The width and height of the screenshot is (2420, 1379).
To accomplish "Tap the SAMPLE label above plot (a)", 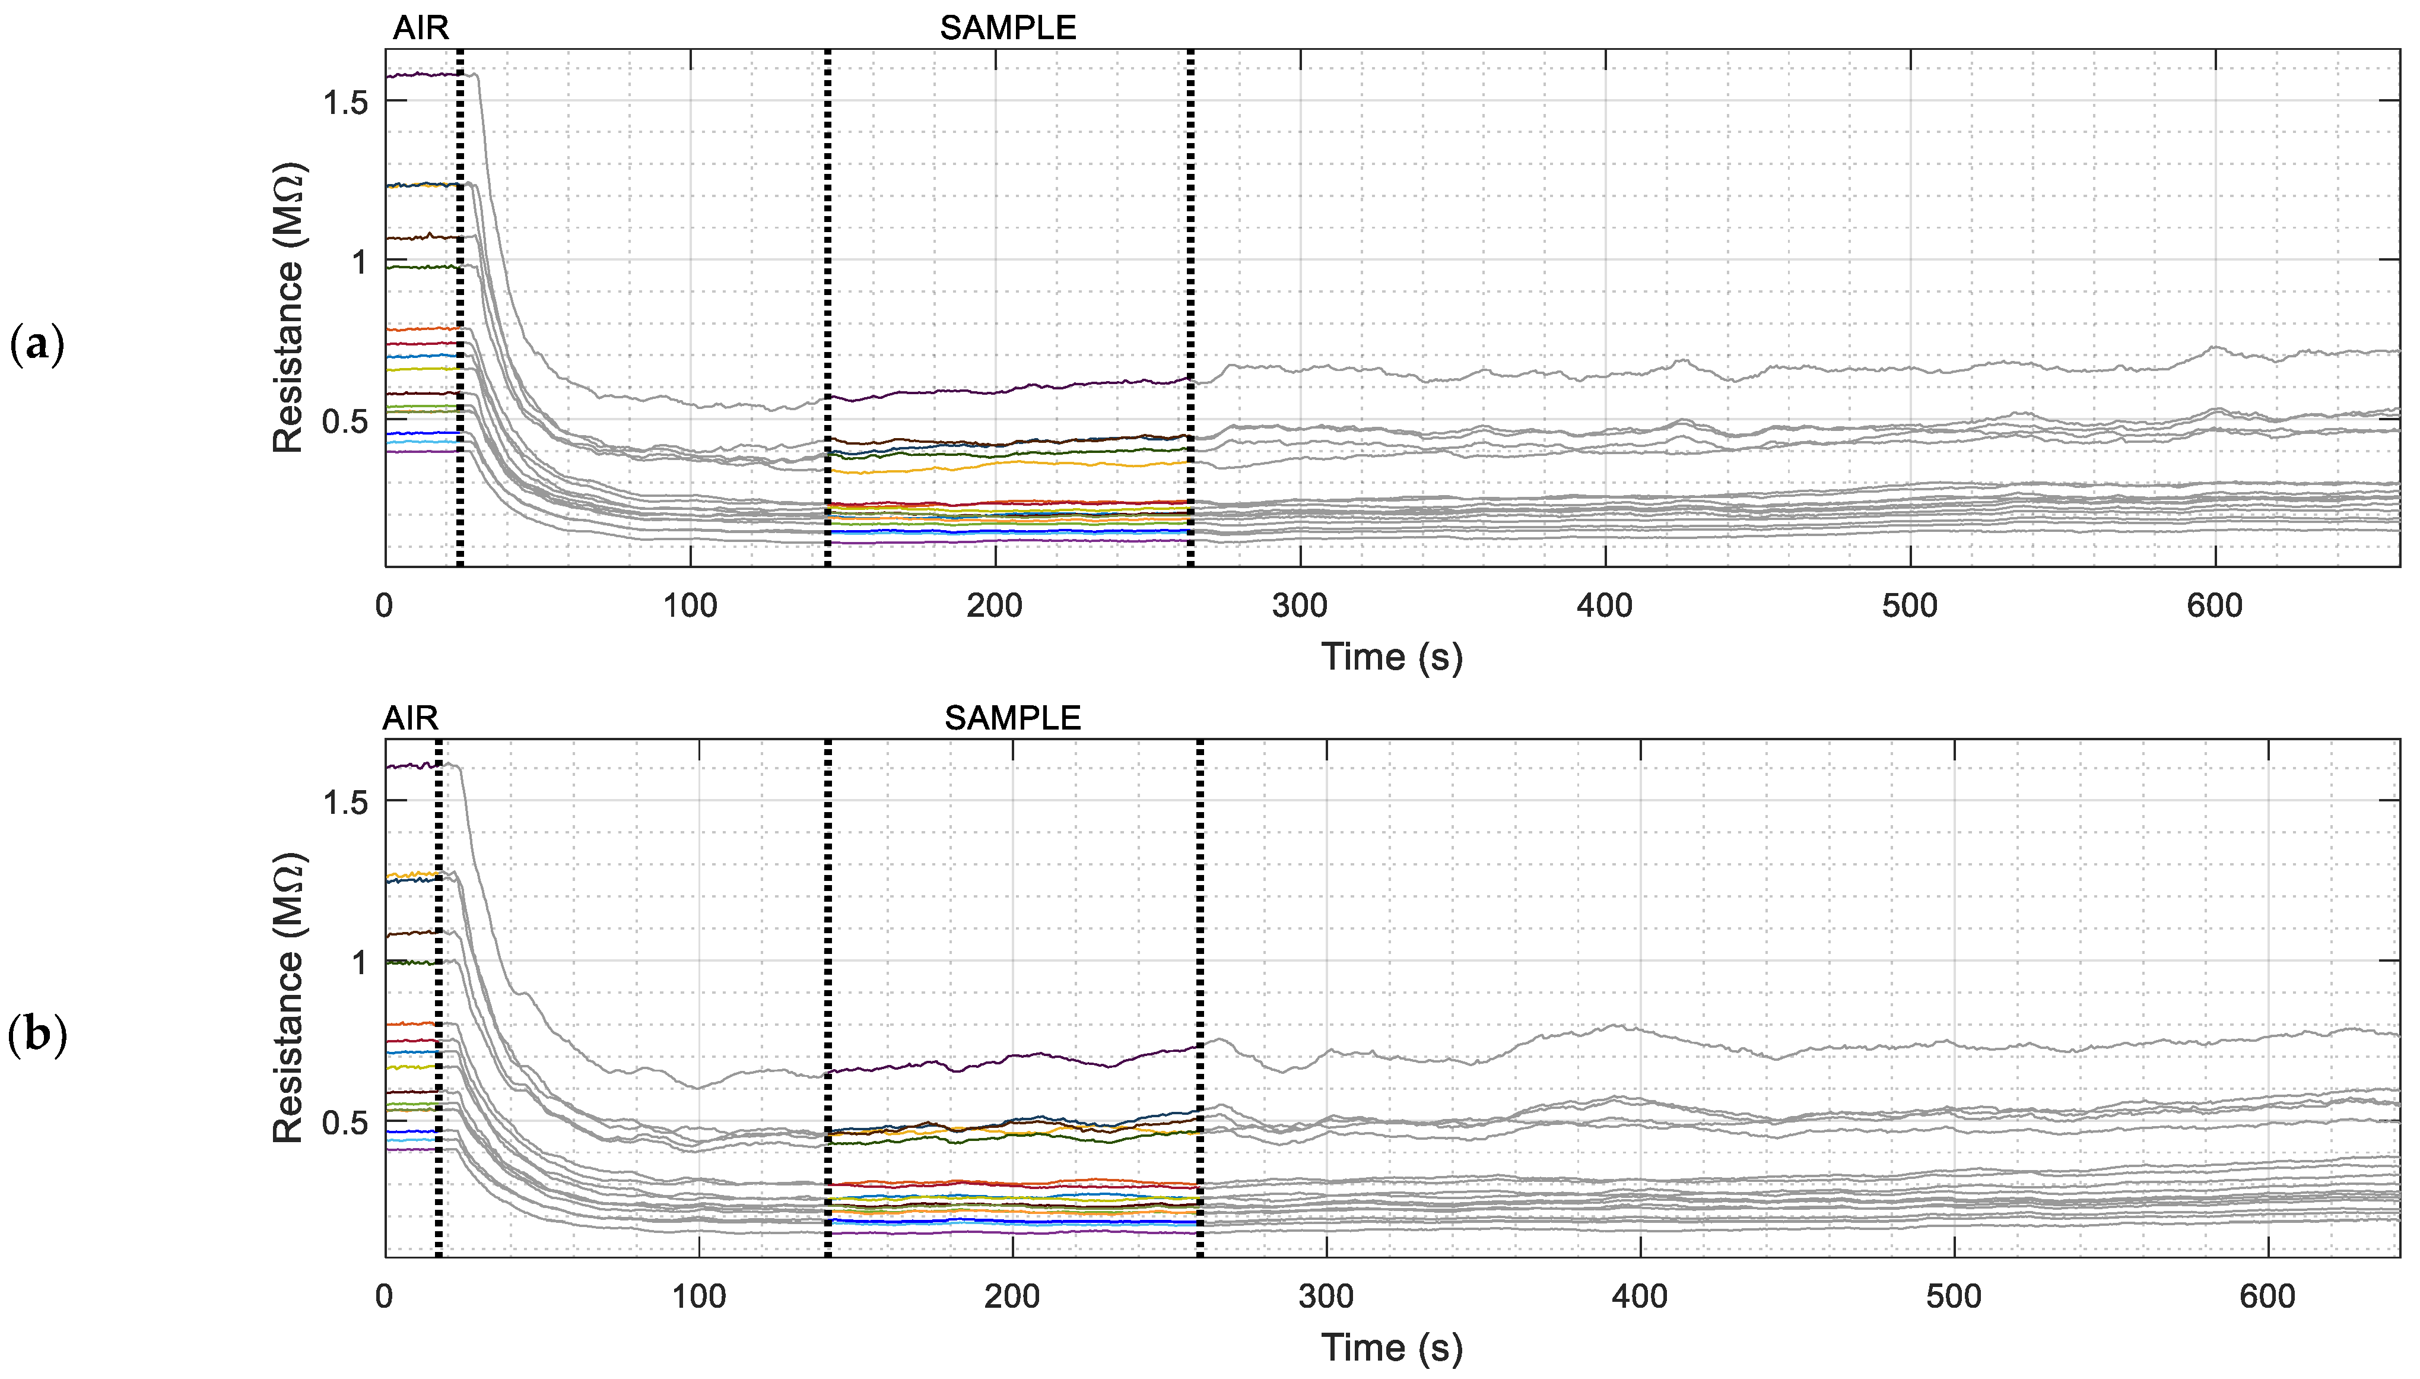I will coord(1008,28).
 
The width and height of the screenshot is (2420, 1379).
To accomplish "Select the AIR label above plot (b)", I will coord(410,719).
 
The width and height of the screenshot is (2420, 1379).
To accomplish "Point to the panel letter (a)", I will coord(37,345).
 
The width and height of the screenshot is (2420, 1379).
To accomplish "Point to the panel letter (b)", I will coord(37,1035).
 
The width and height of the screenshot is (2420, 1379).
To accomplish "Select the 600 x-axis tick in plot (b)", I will coord(2267,1296).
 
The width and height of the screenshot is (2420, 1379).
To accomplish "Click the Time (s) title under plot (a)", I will coord(1392,657).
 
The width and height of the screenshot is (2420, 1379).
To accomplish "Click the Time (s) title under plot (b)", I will coord(1392,1347).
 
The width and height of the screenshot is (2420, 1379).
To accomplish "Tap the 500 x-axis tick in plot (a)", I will coord(1910,606).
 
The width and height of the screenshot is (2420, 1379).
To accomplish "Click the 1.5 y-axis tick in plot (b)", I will coord(345,802).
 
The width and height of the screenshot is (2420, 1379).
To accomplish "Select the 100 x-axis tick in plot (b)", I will coord(698,1296).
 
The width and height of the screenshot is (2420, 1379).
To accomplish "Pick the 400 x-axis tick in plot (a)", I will coord(1605,606).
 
